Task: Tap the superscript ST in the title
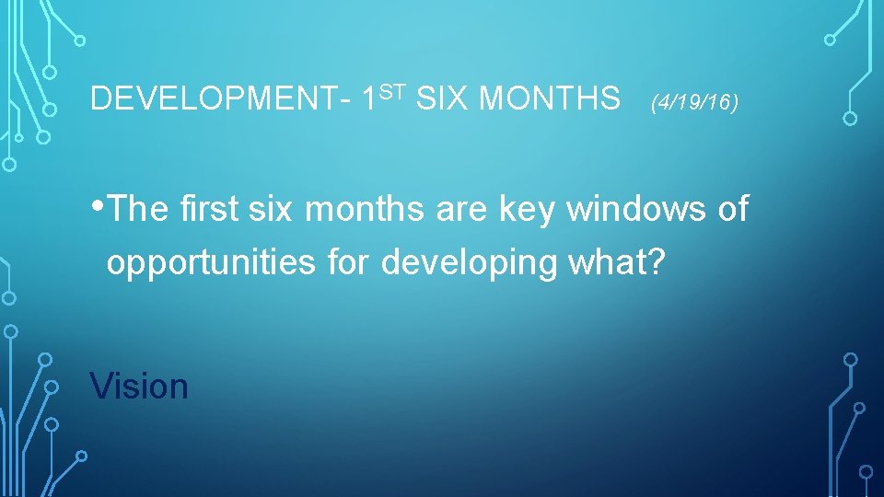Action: tap(393, 90)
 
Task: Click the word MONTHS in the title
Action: tap(550, 98)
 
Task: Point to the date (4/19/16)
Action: tap(694, 103)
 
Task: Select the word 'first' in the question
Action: tap(205, 209)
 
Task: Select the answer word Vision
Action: tap(139, 387)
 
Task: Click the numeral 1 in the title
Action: tap(370, 98)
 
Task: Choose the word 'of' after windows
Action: tap(732, 209)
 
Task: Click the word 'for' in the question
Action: tap(350, 262)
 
